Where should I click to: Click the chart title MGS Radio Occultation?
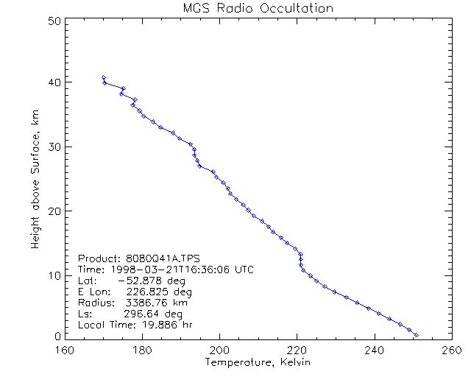click(258, 8)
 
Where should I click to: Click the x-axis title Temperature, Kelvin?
click(258, 362)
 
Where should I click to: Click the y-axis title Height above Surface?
click(35, 177)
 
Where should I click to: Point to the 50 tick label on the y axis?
click(53, 21)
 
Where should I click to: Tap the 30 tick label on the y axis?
click(53, 147)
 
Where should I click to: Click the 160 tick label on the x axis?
click(65, 350)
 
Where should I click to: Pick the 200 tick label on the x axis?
click(219, 350)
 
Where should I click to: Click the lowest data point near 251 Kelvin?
click(417, 335)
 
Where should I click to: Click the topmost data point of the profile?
click(104, 77)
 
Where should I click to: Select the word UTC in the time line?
click(243, 269)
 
